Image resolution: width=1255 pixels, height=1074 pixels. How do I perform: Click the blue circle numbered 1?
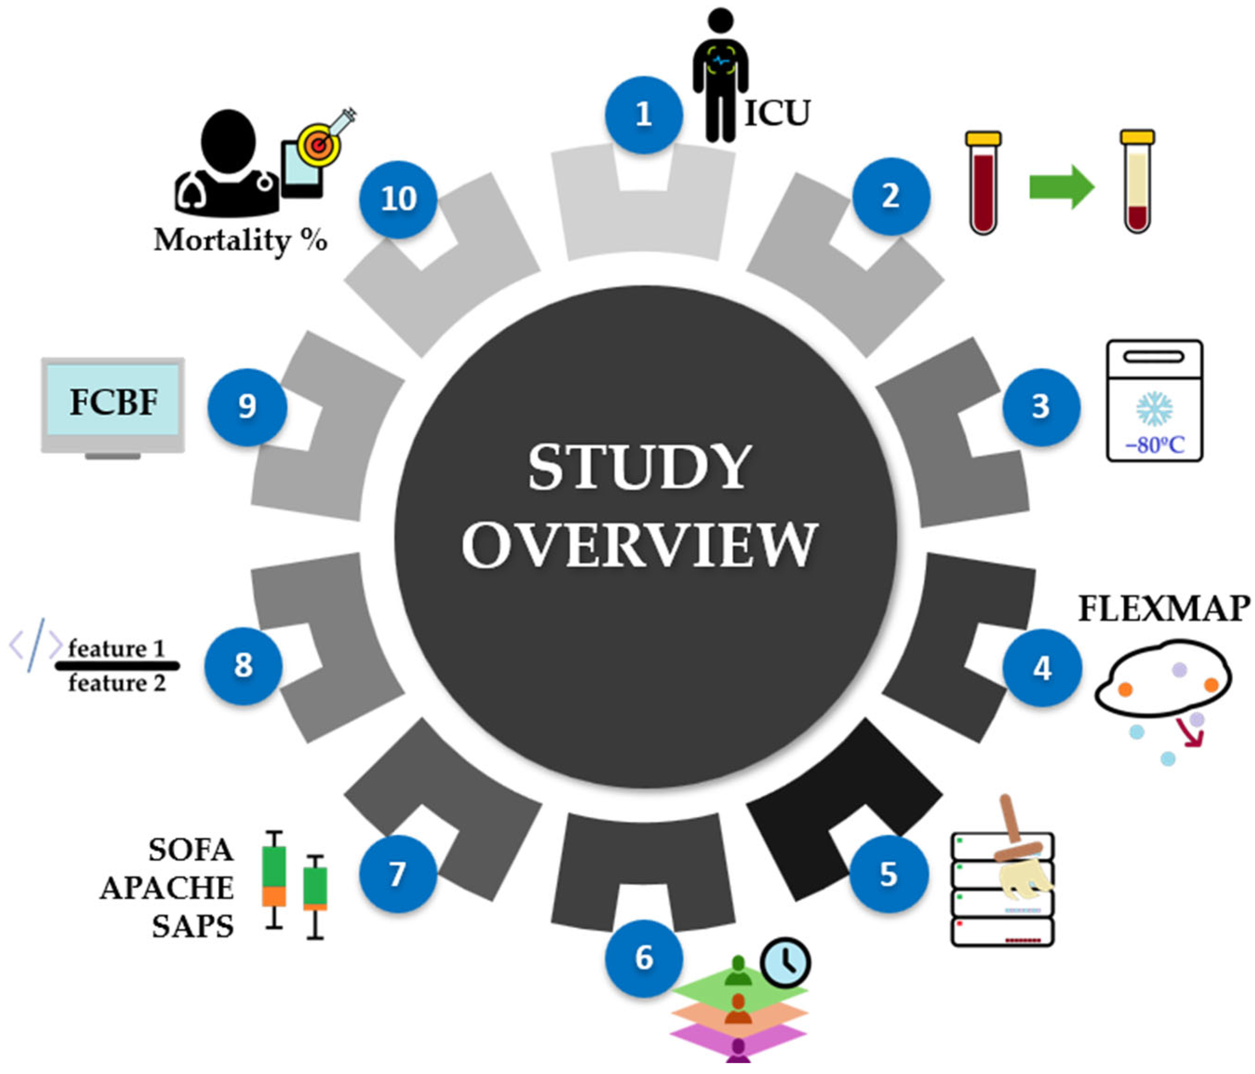point(643,114)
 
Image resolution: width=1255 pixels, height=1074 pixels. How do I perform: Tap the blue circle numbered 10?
point(398,199)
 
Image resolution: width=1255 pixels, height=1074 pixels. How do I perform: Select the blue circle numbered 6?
point(643,958)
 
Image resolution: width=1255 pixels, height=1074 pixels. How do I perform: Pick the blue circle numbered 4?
point(1041,668)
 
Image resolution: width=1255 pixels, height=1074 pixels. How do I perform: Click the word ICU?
point(777,113)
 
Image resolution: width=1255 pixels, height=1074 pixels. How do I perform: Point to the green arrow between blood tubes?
point(1061,187)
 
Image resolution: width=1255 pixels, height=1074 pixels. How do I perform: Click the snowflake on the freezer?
point(1154,408)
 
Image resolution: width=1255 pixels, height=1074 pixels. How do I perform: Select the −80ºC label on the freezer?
point(1154,445)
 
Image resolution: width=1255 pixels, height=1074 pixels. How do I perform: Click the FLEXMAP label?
point(1163,608)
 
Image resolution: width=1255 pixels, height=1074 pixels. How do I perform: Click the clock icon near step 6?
point(785,962)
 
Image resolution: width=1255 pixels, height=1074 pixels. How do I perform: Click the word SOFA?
point(191,850)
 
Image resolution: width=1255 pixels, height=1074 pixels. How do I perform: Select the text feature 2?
point(116,683)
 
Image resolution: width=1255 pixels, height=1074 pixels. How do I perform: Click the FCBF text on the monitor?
point(113,402)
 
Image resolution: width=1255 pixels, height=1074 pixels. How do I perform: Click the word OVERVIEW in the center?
point(640,545)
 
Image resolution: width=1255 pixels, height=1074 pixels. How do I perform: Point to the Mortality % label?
point(241,241)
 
